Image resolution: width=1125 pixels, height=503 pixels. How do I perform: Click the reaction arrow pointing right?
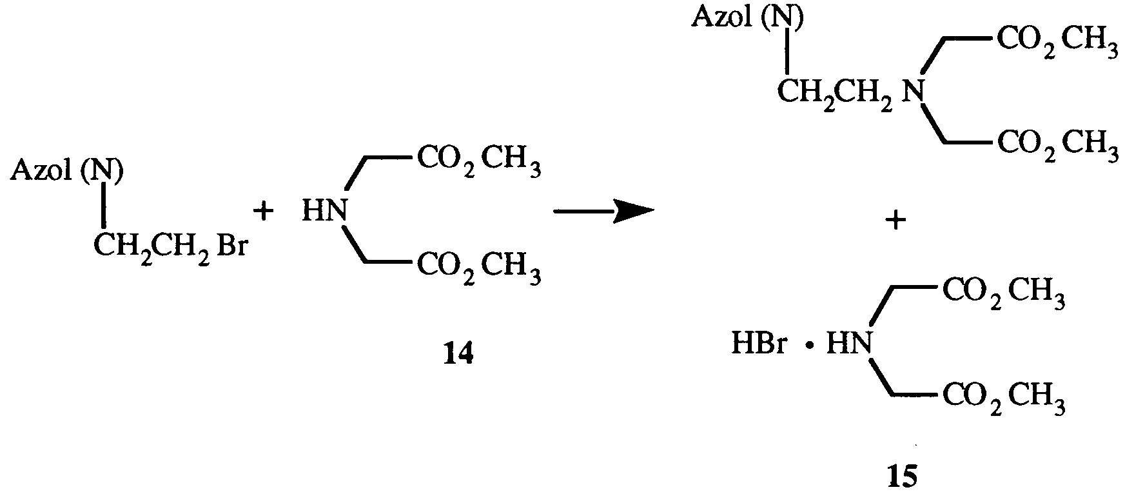[602, 210]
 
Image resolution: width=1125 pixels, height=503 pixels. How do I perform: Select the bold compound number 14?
[458, 353]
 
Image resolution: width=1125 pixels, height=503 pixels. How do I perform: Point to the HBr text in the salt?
[759, 343]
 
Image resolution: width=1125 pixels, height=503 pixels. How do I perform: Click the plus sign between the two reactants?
[263, 211]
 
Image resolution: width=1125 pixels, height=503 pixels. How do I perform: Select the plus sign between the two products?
[895, 221]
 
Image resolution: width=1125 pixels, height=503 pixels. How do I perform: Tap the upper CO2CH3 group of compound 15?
[1003, 293]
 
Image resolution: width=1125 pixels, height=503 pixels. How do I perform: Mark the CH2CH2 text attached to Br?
[152, 247]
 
